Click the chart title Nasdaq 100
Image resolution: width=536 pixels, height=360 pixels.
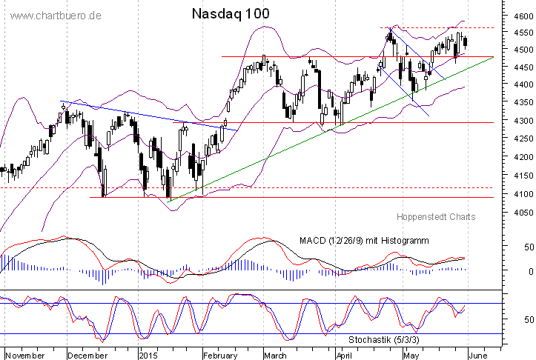tap(231, 13)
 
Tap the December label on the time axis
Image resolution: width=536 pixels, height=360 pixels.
tap(88, 353)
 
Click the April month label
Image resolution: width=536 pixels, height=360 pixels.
tap(347, 353)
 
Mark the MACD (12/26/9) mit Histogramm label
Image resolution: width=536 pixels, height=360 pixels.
tap(363, 241)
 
